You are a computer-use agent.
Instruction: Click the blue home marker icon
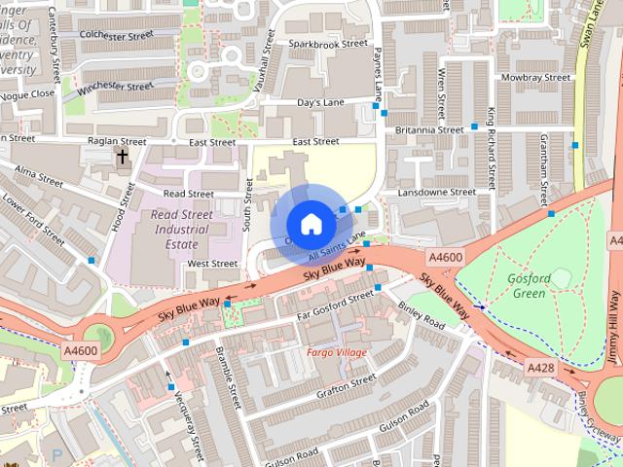coord(311,224)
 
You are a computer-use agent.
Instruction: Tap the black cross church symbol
coord(123,156)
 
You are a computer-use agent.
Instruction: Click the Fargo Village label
coord(338,351)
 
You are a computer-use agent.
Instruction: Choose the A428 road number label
coord(541,368)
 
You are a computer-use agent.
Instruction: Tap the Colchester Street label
coord(117,35)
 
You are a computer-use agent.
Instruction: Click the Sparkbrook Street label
coord(328,44)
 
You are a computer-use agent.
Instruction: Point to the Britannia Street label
coord(428,129)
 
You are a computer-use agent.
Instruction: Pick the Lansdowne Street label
coord(436,192)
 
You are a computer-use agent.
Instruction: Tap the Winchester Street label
coord(117,88)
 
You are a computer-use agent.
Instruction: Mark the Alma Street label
coord(38,179)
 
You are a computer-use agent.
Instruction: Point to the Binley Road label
coord(421,314)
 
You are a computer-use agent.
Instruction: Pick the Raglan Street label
coord(117,141)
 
